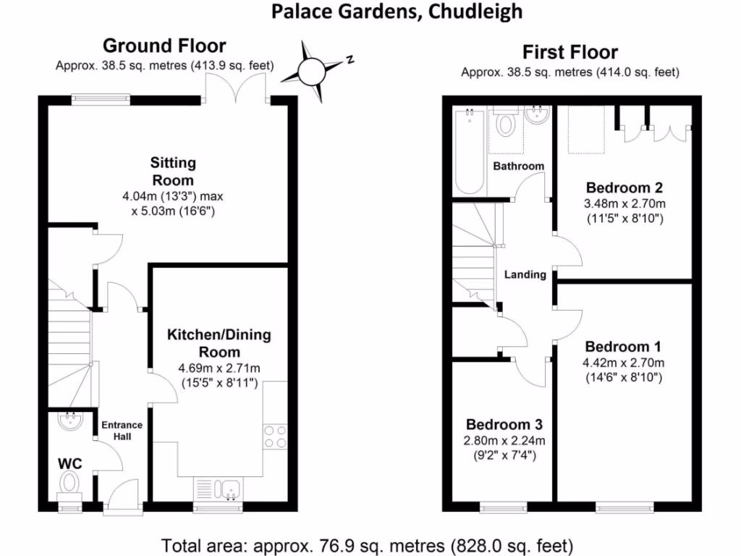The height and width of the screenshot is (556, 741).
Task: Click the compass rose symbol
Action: point(312,72)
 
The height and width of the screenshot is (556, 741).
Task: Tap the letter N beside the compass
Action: point(350,59)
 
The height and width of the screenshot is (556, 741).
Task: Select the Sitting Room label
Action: point(173,171)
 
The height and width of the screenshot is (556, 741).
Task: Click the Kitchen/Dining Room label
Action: point(219,342)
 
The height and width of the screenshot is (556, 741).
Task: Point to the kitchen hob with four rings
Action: point(275,437)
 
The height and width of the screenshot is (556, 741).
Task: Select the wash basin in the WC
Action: point(71,421)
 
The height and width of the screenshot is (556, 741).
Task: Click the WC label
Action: point(70,463)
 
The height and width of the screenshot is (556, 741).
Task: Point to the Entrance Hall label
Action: point(122,430)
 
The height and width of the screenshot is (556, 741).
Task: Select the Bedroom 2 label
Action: point(624,188)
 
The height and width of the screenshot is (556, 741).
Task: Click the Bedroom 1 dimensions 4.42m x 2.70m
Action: point(623,363)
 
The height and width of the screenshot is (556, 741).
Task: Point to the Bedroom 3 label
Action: point(504,424)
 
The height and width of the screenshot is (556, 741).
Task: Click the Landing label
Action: point(525,274)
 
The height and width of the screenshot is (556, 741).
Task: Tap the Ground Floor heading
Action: point(164,46)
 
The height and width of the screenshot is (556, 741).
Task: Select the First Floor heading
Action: point(570,52)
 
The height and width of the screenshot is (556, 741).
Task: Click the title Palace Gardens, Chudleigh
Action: point(397,12)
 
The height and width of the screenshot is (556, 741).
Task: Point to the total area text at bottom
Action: point(367,546)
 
